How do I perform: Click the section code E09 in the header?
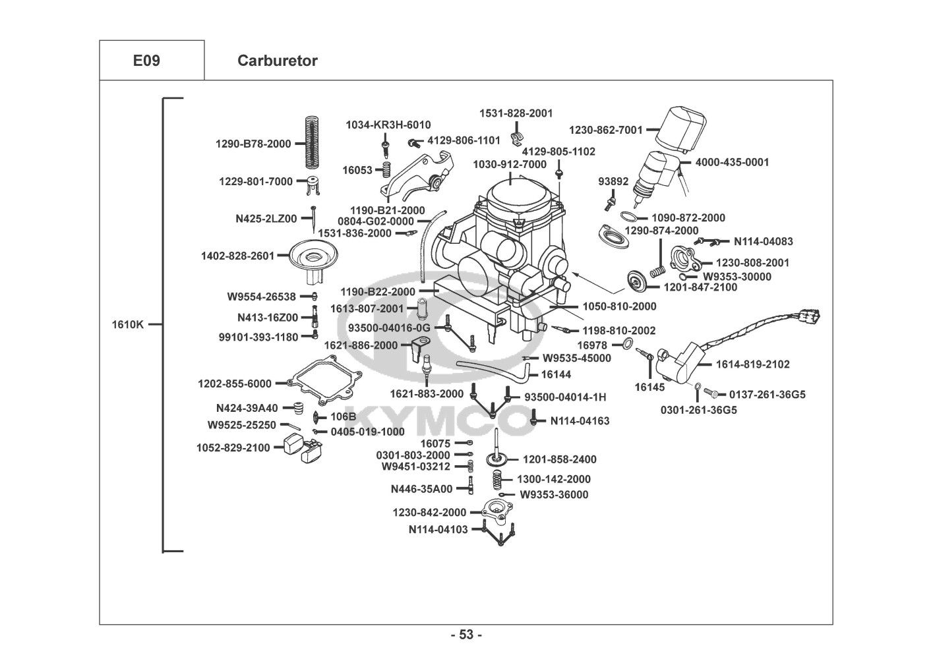click(x=146, y=61)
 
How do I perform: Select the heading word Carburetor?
click(x=277, y=61)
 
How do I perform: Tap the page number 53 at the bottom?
click(x=466, y=635)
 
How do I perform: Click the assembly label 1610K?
click(x=127, y=324)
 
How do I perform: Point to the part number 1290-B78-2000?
click(x=253, y=144)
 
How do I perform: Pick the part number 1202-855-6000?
click(x=234, y=384)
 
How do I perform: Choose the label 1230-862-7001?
click(x=606, y=130)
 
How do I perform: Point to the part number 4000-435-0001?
click(x=733, y=162)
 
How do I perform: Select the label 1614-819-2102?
click(x=753, y=364)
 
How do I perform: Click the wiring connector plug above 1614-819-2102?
click(x=810, y=317)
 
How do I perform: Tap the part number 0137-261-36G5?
click(x=767, y=395)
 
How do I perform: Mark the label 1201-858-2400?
click(x=560, y=459)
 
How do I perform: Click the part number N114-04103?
click(x=438, y=529)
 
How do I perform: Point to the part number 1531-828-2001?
click(x=516, y=113)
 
